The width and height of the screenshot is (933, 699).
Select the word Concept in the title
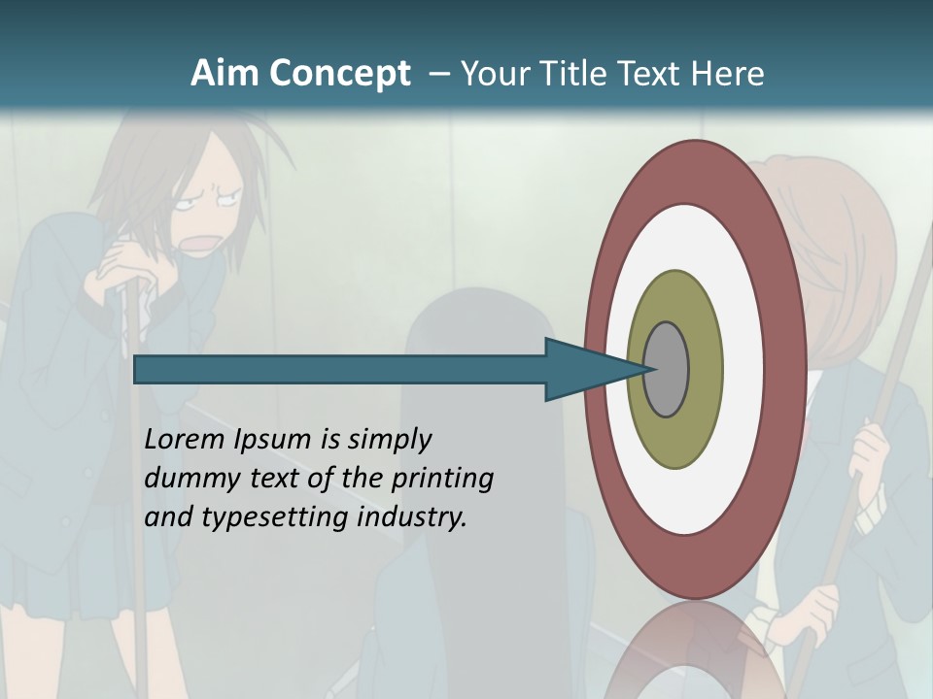point(340,74)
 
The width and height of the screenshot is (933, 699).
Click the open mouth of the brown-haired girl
point(199,241)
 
